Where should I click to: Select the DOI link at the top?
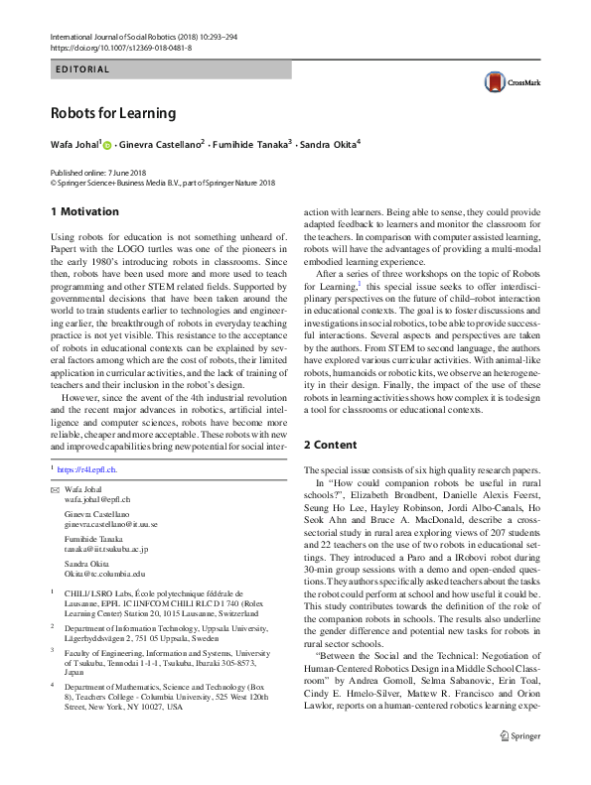[x=109, y=45]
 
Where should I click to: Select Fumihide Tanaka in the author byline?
[x=252, y=145]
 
